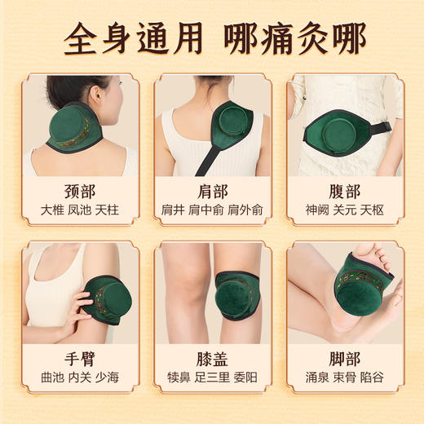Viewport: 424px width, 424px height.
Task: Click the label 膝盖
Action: coord(211,360)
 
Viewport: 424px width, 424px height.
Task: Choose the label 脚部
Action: coord(343,360)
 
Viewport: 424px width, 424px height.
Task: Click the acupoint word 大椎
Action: coord(53,210)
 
